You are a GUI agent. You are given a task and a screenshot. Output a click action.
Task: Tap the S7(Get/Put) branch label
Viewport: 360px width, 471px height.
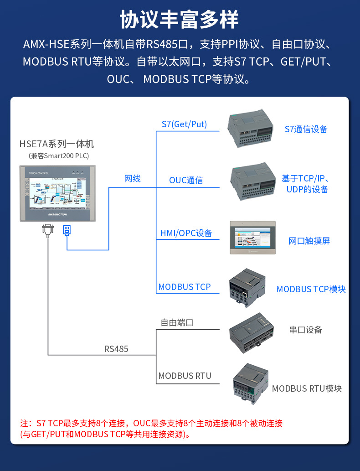point(184,124)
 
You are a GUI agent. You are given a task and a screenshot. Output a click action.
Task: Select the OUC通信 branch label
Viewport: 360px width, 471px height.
point(186,180)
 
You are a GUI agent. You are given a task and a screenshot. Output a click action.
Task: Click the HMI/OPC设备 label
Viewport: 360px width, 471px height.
point(186,233)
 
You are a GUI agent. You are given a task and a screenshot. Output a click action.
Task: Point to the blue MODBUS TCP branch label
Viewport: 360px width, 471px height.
point(185,287)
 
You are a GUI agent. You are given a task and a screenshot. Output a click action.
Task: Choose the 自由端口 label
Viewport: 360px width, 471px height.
point(177,322)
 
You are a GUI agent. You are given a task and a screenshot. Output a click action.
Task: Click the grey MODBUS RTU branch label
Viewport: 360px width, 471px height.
point(185,376)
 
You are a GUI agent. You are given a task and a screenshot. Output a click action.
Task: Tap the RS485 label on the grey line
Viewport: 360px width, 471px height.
point(116,349)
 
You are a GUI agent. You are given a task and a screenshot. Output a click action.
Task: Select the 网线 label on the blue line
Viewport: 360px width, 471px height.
point(133,178)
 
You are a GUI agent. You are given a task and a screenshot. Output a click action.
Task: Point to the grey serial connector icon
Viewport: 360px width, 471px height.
point(47,230)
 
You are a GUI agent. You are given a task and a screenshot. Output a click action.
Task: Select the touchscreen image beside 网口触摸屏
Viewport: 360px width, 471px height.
point(253,237)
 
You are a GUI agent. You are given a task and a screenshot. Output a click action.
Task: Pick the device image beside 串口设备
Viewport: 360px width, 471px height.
point(252,332)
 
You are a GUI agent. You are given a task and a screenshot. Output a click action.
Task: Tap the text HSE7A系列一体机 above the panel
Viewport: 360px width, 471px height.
point(57,144)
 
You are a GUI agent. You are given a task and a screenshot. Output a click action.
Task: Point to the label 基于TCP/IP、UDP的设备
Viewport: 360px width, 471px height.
point(305,184)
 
